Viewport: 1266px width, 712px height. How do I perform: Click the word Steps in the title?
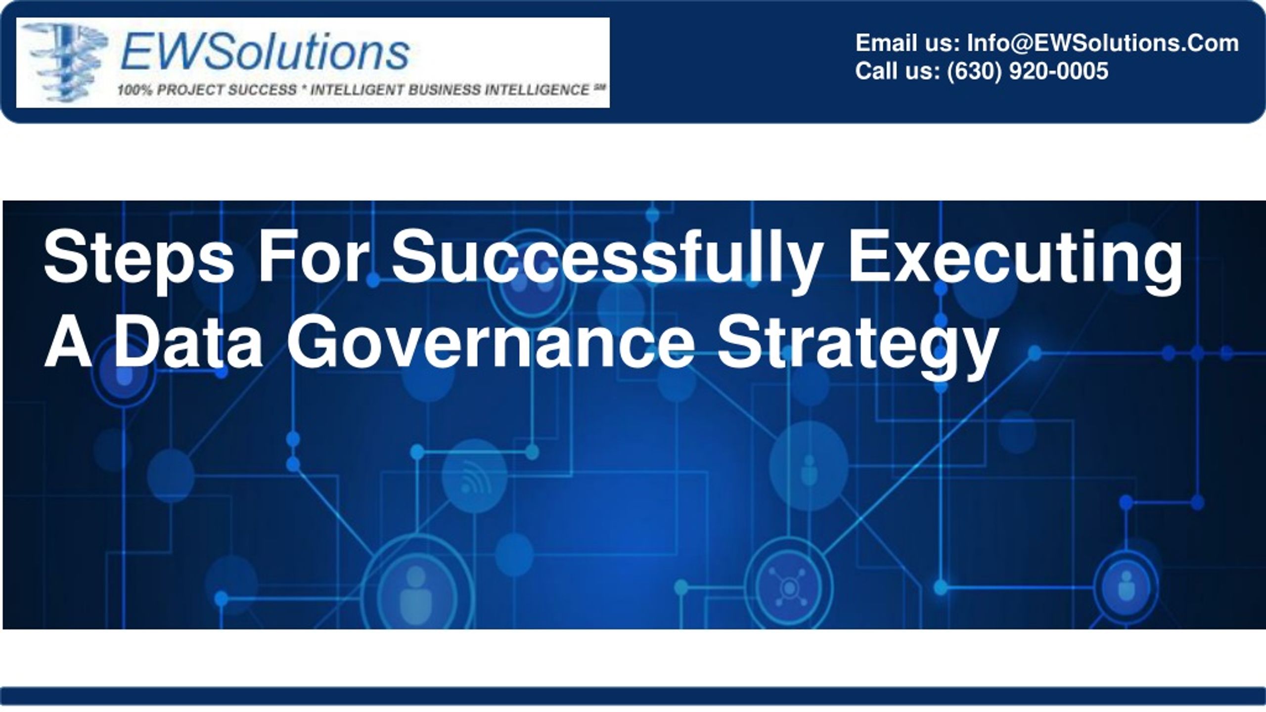(x=139, y=262)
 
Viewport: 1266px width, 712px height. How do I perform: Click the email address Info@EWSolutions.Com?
(x=1103, y=43)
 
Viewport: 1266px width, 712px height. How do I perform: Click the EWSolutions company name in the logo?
(x=265, y=51)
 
